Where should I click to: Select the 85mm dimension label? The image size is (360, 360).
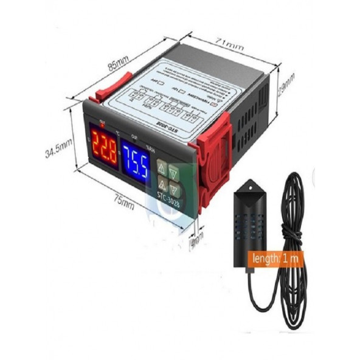tap(119, 64)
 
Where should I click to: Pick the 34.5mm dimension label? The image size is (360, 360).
tap(58, 147)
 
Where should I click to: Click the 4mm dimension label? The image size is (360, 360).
tap(196, 241)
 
